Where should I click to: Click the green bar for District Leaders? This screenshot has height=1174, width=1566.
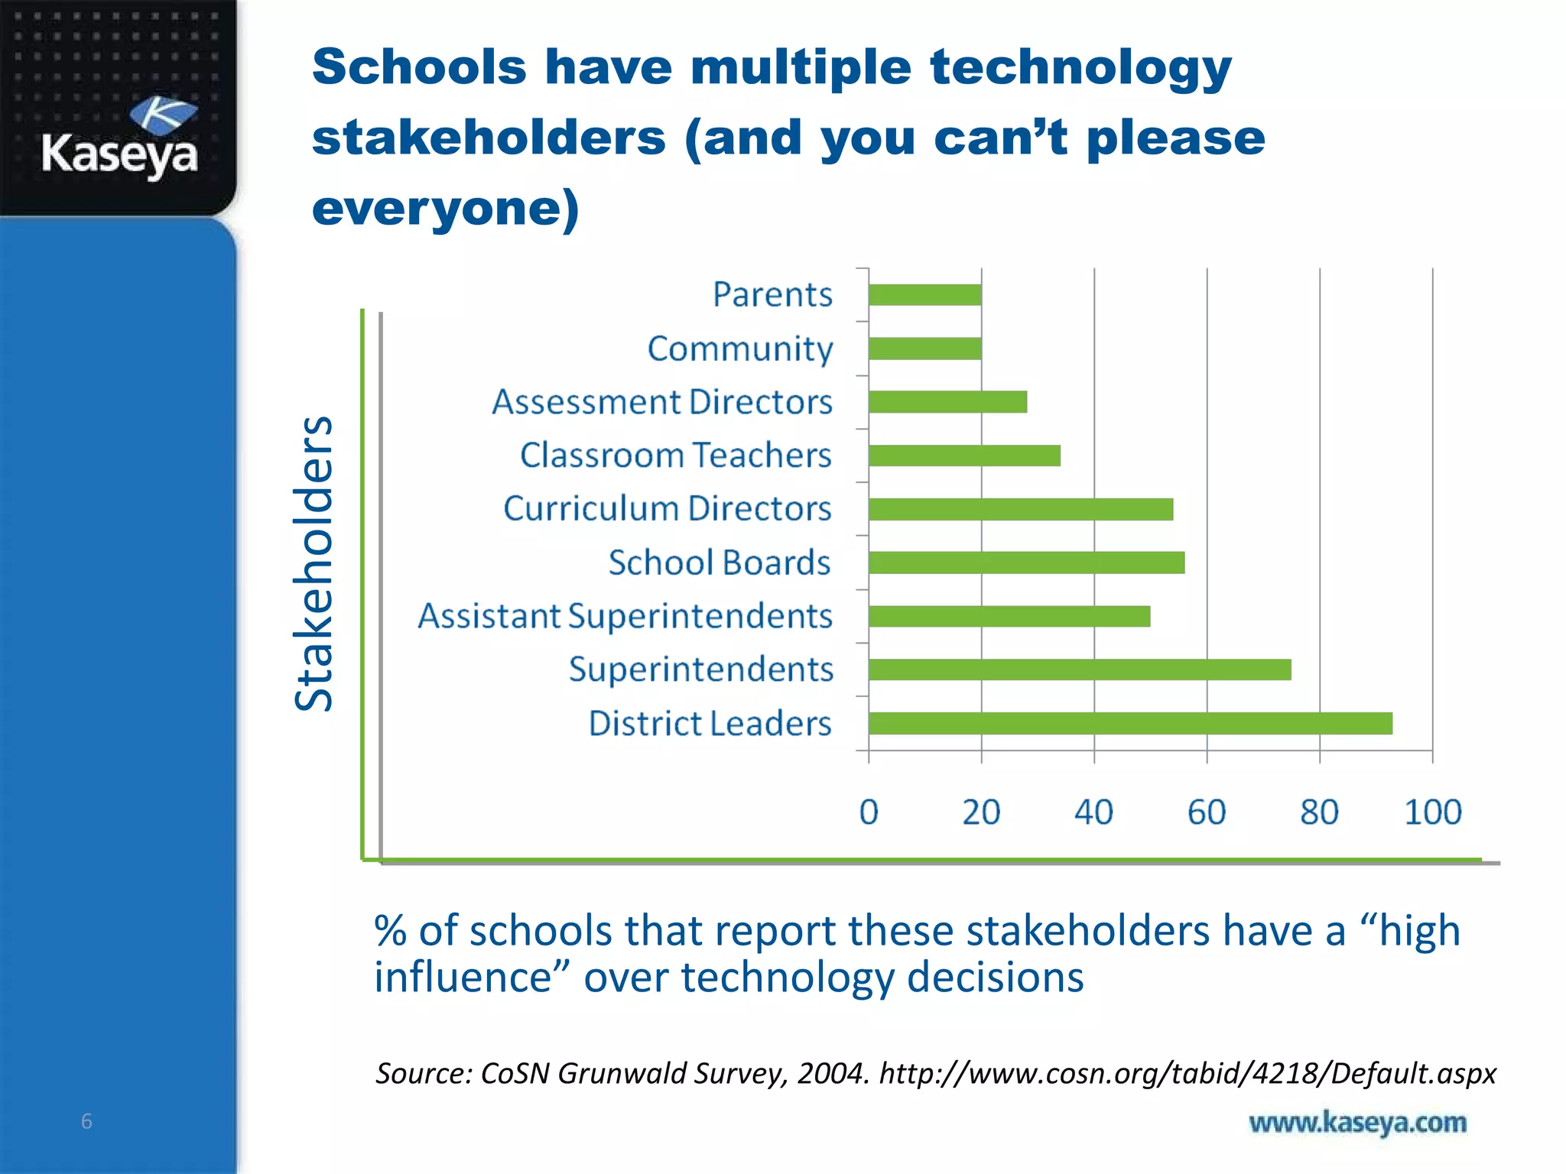tap(1130, 723)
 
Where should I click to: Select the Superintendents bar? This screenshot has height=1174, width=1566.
tap(1080, 670)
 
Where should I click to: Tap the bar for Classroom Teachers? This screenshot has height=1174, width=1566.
tap(964, 456)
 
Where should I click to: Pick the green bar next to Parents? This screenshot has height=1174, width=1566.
tap(924, 295)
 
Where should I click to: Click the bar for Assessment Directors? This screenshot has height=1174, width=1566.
tap(947, 402)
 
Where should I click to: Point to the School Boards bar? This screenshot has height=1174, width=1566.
tap(1026, 563)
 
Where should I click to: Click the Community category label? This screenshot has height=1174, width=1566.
tap(739, 349)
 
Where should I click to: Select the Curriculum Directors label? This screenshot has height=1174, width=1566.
tap(667, 509)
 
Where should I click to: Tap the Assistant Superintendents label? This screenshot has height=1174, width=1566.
tap(625, 616)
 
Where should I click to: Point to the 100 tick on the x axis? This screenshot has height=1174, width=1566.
tap(1432, 812)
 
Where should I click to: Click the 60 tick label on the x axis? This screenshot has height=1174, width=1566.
tap(1207, 812)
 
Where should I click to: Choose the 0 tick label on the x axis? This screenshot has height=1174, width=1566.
tap(869, 812)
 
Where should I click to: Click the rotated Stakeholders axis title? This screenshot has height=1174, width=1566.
tap(314, 563)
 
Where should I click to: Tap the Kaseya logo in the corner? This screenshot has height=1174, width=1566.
tap(120, 138)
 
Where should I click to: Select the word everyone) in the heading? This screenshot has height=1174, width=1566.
tap(446, 208)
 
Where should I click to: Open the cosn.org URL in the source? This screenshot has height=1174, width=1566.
tap(1187, 1073)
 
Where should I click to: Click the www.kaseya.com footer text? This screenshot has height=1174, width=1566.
tap(1357, 1122)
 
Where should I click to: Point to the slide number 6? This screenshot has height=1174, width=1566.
tap(86, 1121)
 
